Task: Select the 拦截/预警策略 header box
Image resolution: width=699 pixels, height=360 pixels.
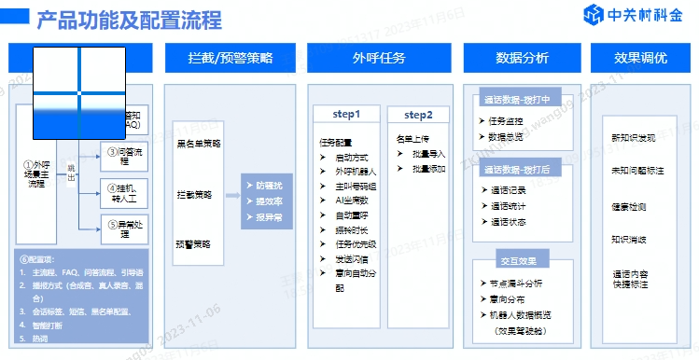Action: coord(231,58)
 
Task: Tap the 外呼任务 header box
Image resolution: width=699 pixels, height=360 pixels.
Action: coord(378,58)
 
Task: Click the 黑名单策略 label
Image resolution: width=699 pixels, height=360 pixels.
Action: coord(199,144)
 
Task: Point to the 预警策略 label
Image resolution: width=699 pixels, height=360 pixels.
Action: coord(193,243)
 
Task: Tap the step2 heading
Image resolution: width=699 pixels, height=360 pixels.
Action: coord(418,115)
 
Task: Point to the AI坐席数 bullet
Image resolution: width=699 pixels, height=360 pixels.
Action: coord(351,199)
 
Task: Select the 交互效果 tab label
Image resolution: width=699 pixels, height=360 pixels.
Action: coord(523,260)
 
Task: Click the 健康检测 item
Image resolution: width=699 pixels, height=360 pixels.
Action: coord(628,206)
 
